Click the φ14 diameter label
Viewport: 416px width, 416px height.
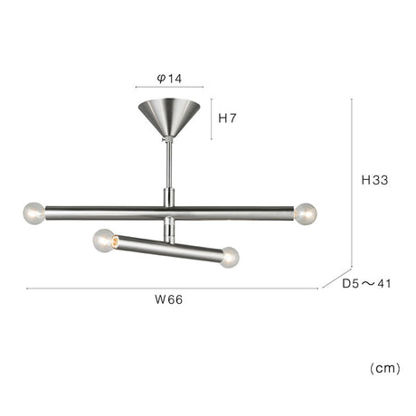[169, 79]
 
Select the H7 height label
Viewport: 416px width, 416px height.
[227, 118]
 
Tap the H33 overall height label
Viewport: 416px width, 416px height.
[374, 180]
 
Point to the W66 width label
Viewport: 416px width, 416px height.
[169, 299]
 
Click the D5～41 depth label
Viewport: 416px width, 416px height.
[366, 283]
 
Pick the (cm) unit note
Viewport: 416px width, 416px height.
[385, 368]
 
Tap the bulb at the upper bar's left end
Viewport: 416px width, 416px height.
[34, 213]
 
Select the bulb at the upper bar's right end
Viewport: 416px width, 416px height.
[306, 213]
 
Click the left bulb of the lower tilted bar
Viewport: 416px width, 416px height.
[103, 241]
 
